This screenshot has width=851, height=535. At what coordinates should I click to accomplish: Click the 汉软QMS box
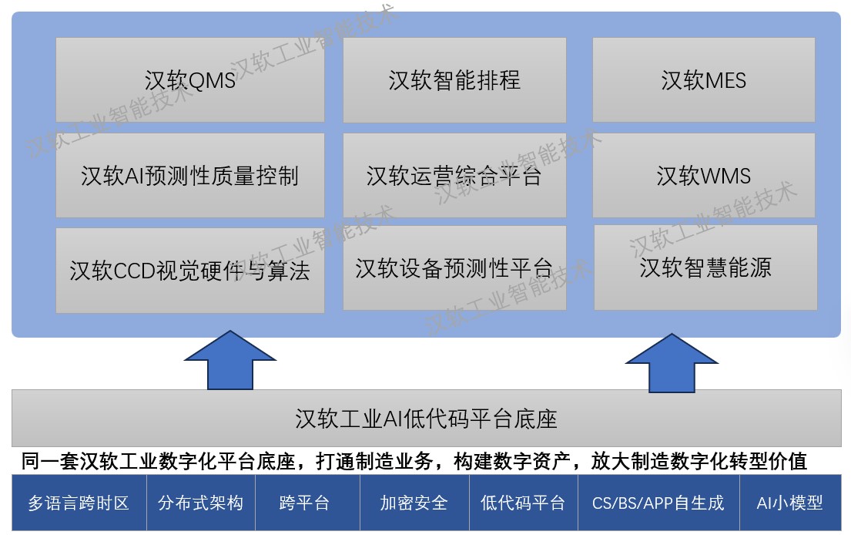tap(190, 80)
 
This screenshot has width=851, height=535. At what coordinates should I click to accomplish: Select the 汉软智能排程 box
tap(454, 80)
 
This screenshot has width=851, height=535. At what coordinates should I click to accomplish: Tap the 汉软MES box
tap(703, 80)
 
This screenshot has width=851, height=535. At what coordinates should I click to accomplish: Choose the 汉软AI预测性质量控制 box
tap(190, 176)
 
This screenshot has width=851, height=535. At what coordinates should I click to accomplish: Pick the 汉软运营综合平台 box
tap(454, 176)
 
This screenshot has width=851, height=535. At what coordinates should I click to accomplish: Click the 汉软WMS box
tap(703, 176)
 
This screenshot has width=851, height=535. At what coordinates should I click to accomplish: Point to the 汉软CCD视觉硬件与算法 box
tap(190, 271)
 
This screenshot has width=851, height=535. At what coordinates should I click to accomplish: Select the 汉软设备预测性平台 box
tap(454, 268)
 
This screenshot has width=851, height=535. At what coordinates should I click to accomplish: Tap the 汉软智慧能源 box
tap(705, 267)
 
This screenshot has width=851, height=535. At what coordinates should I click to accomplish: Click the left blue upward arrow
tap(230, 360)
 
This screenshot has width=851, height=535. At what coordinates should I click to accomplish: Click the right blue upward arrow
tap(672, 363)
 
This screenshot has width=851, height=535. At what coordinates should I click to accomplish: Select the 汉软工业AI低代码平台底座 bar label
tap(426, 419)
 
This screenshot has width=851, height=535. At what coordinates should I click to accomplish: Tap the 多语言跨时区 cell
tap(79, 503)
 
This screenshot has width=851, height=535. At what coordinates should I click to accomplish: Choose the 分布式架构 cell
tap(201, 503)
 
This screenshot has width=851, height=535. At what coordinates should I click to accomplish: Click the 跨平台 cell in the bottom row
tap(308, 503)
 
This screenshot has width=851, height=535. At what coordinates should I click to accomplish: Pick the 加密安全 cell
tap(414, 503)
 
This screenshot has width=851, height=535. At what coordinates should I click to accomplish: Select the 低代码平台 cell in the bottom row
tap(524, 503)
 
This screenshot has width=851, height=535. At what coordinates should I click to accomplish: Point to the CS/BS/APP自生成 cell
tap(659, 503)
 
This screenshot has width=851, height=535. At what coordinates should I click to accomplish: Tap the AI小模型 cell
tap(790, 503)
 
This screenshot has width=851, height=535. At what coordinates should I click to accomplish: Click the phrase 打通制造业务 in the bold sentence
tap(374, 461)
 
